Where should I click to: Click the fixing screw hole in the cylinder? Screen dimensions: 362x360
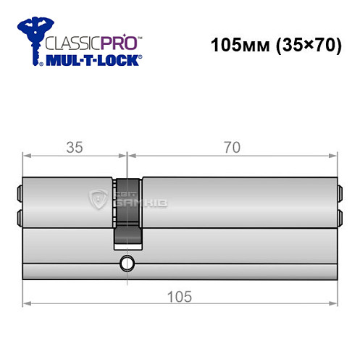127,263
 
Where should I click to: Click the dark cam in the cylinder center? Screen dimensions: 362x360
127,210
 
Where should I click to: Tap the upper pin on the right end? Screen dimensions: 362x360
340,193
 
